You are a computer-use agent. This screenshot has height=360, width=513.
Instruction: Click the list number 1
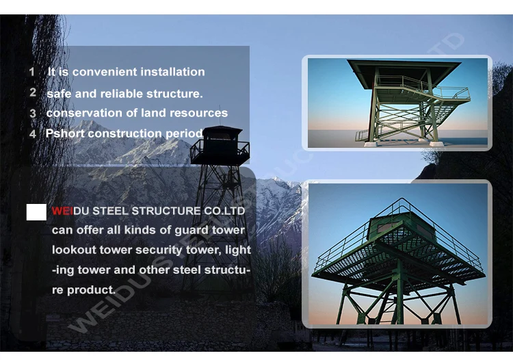(31, 72)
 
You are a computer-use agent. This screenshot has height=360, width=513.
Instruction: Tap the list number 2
(32, 92)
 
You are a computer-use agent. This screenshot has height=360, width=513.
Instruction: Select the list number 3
(32, 113)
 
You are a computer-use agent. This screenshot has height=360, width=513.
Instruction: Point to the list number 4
(32, 134)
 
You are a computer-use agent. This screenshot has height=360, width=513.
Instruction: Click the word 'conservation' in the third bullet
(79, 113)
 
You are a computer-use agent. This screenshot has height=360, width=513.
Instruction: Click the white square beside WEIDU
(36, 212)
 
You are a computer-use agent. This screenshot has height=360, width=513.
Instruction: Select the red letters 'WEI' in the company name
(62, 211)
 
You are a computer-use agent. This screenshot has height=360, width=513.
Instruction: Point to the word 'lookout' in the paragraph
(73, 250)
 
